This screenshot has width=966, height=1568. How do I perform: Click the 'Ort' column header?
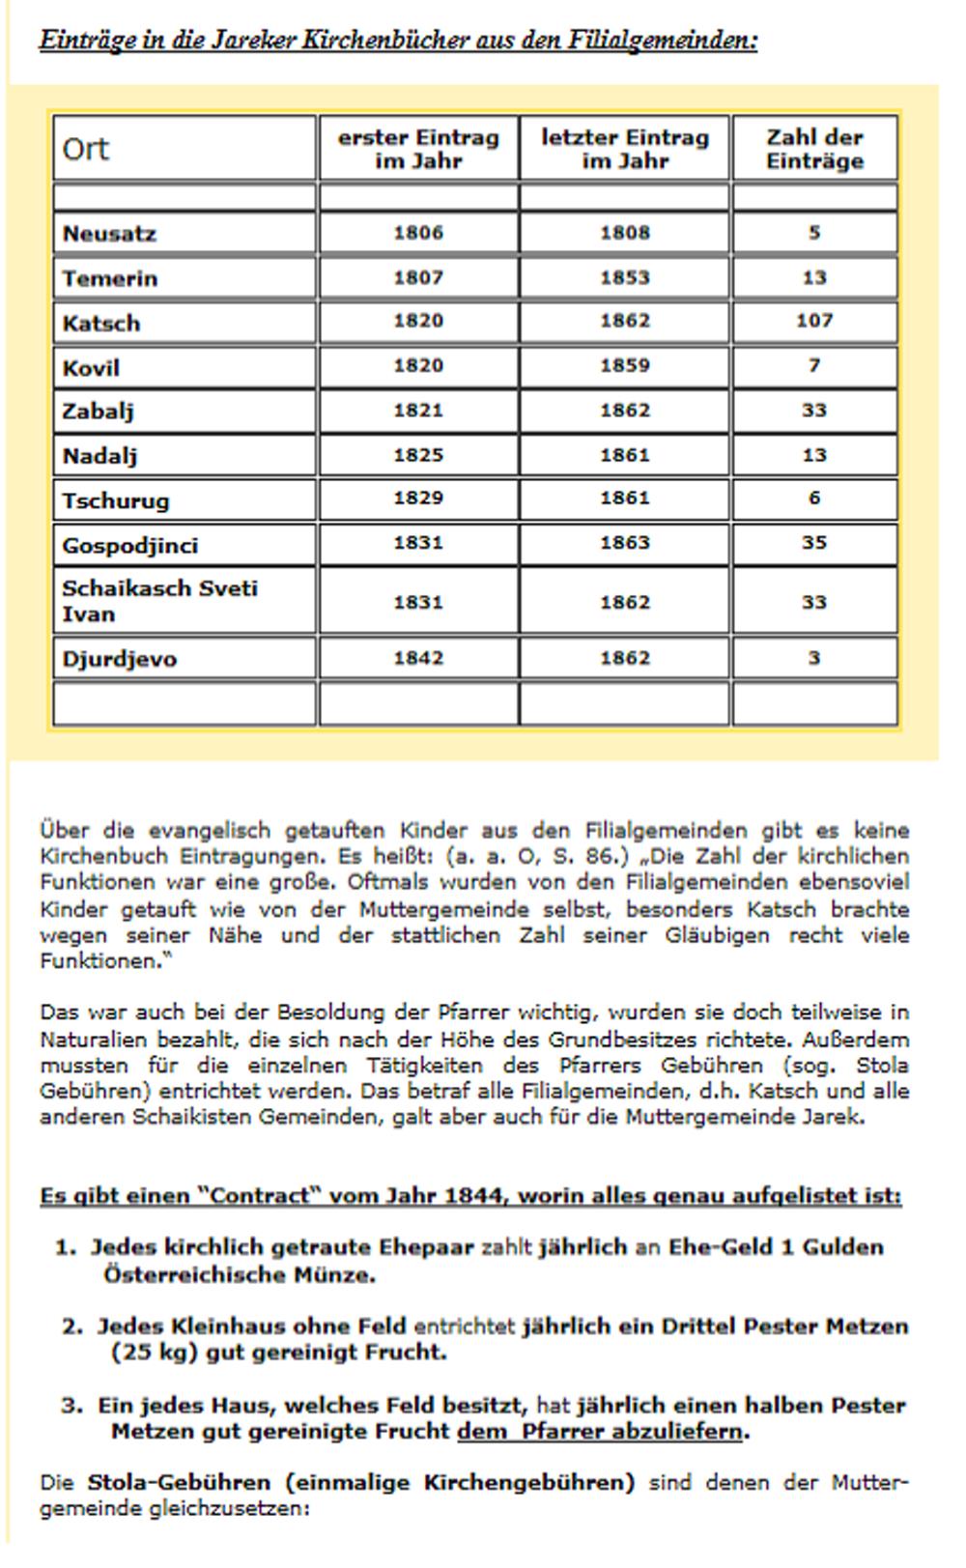tap(86, 150)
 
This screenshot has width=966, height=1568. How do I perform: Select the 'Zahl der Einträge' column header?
tap(814, 150)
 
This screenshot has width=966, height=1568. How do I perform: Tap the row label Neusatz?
tap(109, 234)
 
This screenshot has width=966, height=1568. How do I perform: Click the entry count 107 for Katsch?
tap(814, 321)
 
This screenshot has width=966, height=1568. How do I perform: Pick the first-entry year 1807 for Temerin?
tap(418, 278)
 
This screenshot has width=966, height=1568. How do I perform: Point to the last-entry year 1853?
tap(624, 278)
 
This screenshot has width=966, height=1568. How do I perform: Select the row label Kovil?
tap(91, 368)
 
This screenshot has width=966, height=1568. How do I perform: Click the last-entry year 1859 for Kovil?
tap(624, 366)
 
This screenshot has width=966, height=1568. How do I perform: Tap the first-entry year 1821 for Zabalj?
tap(418, 411)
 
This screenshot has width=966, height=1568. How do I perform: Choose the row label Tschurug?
tap(116, 500)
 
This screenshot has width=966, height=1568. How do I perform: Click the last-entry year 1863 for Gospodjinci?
tap(624, 543)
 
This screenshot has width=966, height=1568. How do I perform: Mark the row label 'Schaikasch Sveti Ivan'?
tap(159, 601)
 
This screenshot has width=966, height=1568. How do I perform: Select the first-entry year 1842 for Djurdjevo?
tap(418, 659)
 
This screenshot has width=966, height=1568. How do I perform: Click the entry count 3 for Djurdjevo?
tap(814, 659)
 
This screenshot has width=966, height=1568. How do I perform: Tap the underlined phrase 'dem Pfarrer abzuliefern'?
tap(600, 1432)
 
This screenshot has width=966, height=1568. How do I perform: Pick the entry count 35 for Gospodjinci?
tap(814, 543)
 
